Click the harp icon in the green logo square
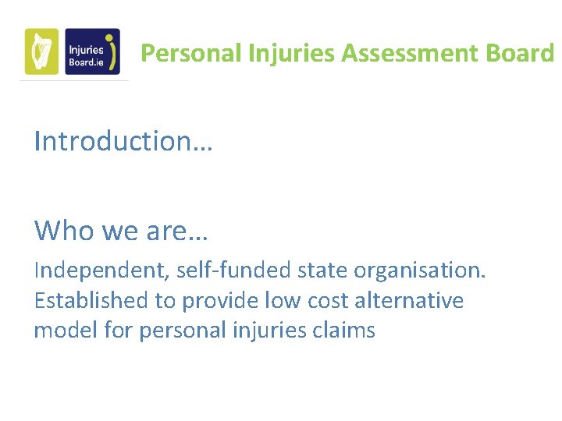[41, 52]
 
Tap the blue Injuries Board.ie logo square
[92, 52]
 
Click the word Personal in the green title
[191, 53]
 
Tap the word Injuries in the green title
[292, 53]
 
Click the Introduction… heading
[123, 141]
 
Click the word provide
[220, 301]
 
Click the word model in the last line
[65, 330]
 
